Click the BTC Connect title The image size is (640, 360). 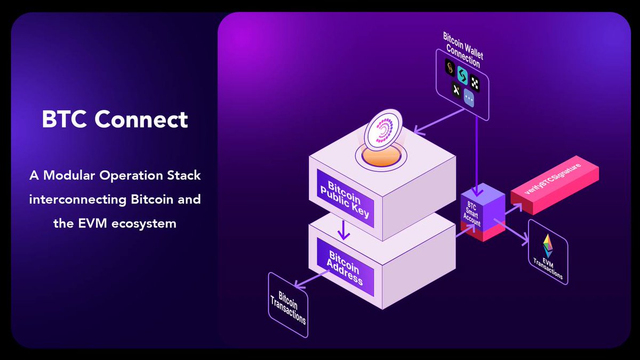(115, 119)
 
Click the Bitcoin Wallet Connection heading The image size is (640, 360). (462, 49)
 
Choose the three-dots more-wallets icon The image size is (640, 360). (469, 98)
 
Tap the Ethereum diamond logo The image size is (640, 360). (547, 246)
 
